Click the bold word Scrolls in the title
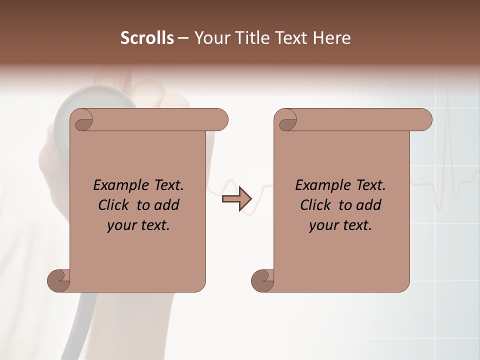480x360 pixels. [x=147, y=38]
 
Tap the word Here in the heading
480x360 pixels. [x=332, y=38]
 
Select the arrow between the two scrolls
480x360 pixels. [x=236, y=199]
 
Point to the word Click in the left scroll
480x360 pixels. [x=115, y=205]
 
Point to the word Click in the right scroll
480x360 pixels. [x=317, y=205]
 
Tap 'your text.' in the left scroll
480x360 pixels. [x=138, y=225]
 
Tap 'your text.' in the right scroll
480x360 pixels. [x=340, y=225]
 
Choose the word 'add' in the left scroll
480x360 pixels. [x=167, y=205]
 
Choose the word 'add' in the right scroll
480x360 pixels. [x=369, y=205]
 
